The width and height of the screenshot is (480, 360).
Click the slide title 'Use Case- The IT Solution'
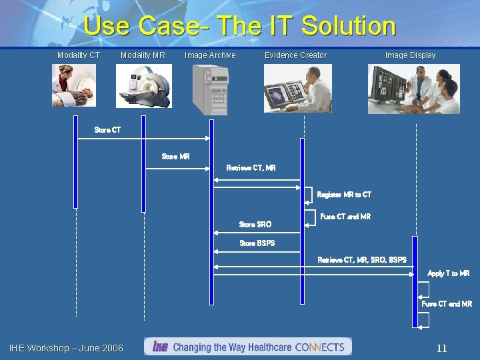(x=240, y=27)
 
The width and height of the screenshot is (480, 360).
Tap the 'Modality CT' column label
(x=79, y=55)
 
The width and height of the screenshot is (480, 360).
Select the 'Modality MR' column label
(x=143, y=55)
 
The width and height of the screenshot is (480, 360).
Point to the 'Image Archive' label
(x=210, y=55)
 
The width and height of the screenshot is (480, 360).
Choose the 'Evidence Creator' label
(x=295, y=55)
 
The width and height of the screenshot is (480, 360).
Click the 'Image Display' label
(x=410, y=55)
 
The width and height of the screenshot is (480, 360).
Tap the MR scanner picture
(x=143, y=86)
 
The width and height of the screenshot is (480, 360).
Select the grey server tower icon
(x=210, y=90)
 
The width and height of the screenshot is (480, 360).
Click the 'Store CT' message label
(x=108, y=130)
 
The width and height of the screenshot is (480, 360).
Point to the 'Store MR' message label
(x=175, y=157)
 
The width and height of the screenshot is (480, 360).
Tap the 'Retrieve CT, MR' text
(x=251, y=168)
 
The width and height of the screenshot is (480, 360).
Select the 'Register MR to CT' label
(x=344, y=195)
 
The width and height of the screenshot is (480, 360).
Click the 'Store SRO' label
(x=255, y=225)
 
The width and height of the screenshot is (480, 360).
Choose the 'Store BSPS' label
(x=257, y=243)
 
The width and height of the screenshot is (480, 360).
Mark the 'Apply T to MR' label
(x=448, y=273)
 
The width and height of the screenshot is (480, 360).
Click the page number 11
(x=441, y=348)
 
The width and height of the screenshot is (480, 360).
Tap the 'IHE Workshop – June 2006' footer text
(x=66, y=348)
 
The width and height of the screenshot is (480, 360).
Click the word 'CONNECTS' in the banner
(x=319, y=347)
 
